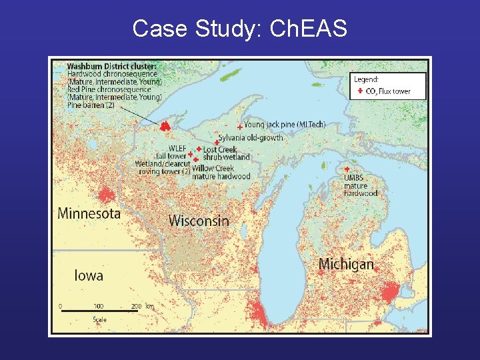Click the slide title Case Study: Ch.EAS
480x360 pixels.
coord(239,29)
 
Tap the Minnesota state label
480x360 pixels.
coord(89,214)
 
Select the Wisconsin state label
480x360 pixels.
coord(199,221)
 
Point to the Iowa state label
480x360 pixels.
coord(89,275)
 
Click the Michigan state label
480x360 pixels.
coord(346,264)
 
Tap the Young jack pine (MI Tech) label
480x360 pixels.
coord(285,125)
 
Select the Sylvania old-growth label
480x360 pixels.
coord(251,138)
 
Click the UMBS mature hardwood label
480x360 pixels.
coord(360,185)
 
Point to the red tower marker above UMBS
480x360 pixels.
coord(347,169)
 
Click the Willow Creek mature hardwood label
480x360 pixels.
coord(221,173)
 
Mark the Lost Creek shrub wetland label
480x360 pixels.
coord(226,153)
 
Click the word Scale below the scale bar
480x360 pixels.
coord(99,320)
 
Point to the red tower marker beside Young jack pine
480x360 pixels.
coord(240,127)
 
